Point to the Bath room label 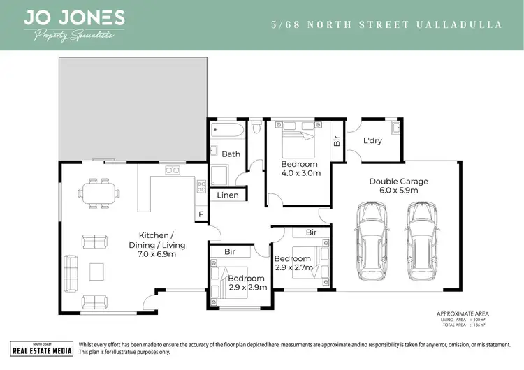231,154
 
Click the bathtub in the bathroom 226,131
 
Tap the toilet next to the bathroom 256,126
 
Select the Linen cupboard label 228,195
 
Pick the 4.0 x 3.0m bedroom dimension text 300,172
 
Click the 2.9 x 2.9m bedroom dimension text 247,287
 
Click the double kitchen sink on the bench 172,170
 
